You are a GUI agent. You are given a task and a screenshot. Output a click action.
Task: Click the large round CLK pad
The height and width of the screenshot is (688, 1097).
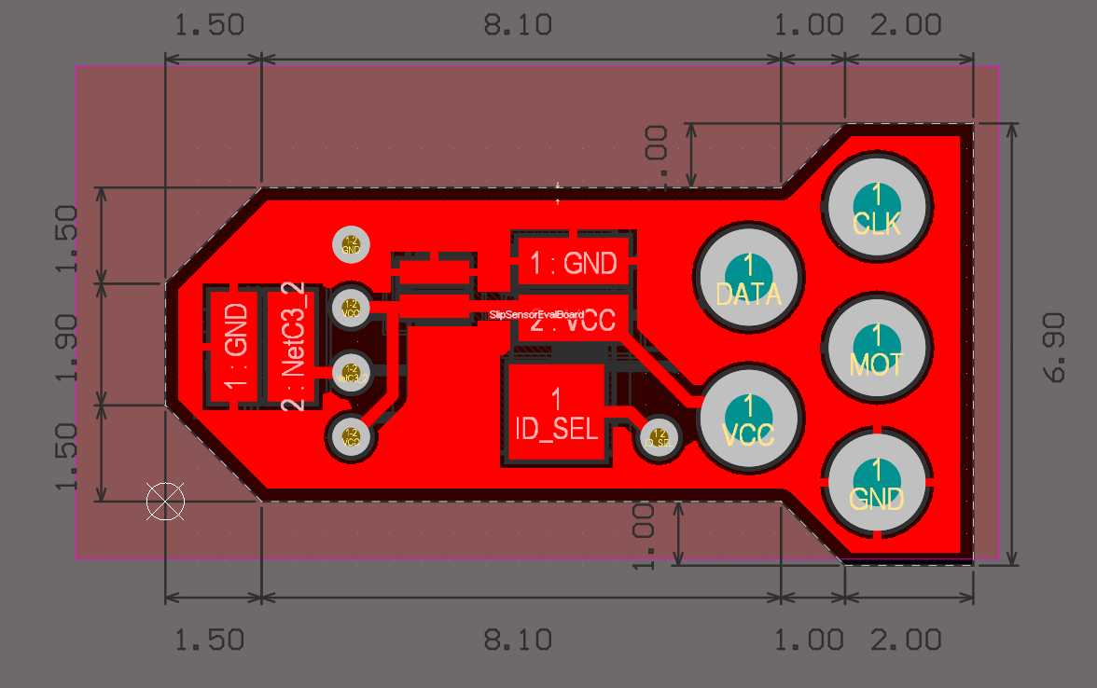click(x=876, y=208)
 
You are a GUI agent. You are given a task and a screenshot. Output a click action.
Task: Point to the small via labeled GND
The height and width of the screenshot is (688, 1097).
click(x=352, y=244)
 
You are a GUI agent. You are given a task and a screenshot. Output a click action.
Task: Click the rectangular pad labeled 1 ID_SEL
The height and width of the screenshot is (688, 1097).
click(x=557, y=414)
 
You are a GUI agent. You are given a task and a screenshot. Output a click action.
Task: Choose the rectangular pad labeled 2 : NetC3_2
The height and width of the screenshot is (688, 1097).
click(x=294, y=349)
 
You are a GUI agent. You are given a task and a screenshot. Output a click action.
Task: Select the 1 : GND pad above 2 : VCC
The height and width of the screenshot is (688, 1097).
click(x=573, y=264)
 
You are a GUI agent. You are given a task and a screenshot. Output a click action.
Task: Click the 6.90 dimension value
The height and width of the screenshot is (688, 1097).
click(x=1055, y=347)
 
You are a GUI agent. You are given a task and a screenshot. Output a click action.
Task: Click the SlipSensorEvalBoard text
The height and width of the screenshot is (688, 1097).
click(x=536, y=315)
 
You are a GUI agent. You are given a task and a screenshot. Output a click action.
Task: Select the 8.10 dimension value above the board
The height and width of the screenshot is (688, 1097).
click(x=518, y=25)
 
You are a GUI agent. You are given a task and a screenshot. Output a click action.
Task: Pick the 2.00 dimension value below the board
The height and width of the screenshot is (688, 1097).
click(x=906, y=640)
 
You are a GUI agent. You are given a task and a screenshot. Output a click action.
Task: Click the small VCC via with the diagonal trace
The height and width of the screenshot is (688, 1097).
click(x=352, y=435)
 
